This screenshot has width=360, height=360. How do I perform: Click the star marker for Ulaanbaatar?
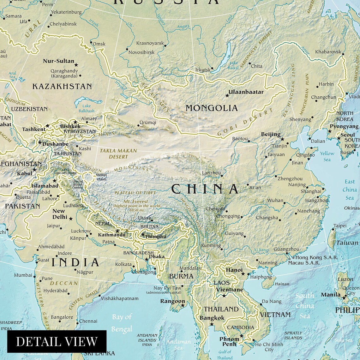(x=227, y=95)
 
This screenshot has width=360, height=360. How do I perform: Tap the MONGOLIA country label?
(x=212, y=108)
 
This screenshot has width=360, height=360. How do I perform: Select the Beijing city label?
(x=271, y=135)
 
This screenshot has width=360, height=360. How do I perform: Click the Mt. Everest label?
(x=136, y=201)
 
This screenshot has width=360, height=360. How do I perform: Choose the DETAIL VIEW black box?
(x=57, y=341)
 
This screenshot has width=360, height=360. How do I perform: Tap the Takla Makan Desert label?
(x=118, y=154)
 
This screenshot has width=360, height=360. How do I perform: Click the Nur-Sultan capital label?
(x=58, y=61)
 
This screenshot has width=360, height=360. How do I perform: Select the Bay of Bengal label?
(x=122, y=323)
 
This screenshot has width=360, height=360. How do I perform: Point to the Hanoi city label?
(x=234, y=270)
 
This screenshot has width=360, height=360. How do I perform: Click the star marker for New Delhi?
(x=71, y=219)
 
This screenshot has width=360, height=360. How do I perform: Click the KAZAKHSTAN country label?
(x=62, y=87)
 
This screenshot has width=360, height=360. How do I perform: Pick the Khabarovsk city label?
(x=328, y=51)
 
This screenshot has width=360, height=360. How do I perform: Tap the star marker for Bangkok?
(x=212, y=324)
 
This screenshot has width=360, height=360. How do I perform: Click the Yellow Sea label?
(x=327, y=156)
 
